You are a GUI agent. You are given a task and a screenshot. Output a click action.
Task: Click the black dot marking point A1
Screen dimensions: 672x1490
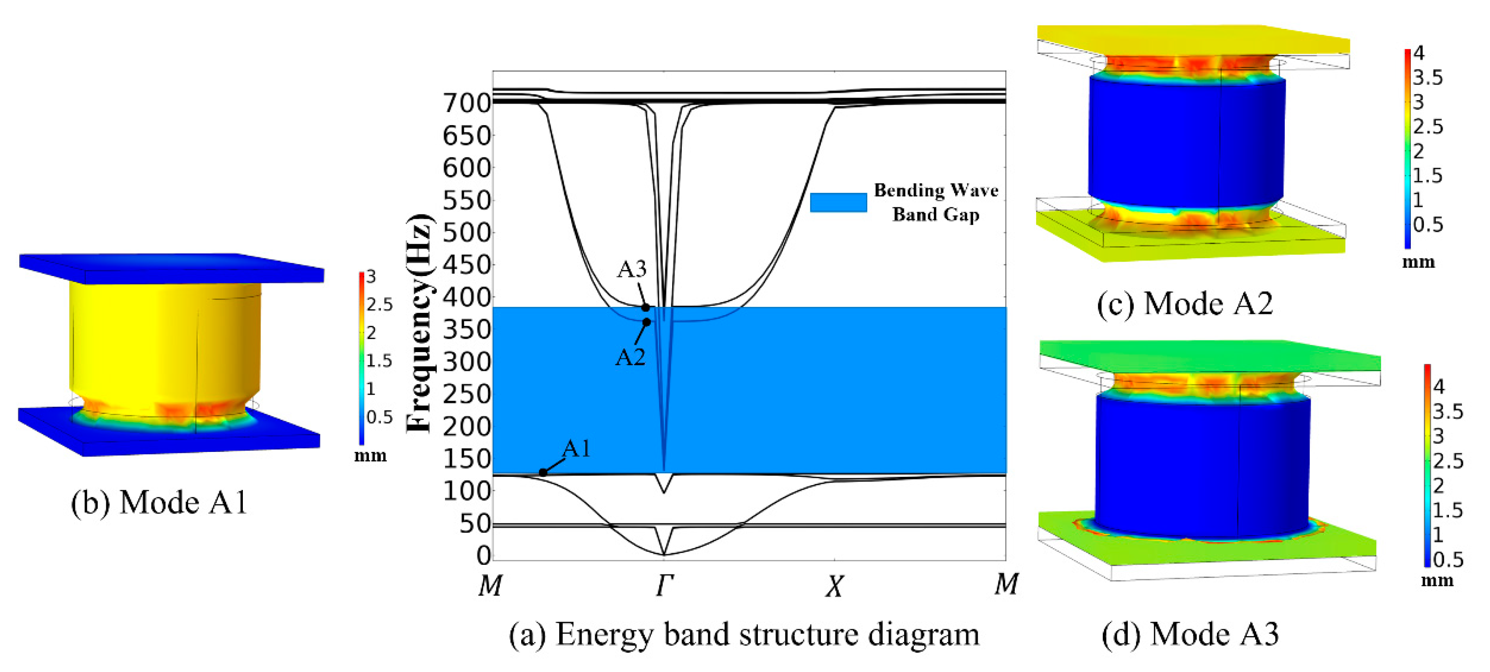(x=543, y=472)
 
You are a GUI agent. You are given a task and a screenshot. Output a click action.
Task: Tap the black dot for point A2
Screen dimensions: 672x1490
(x=647, y=322)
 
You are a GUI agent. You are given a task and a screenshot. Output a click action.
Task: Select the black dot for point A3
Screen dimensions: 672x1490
(x=645, y=308)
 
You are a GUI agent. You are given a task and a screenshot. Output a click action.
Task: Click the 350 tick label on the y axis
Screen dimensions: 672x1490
(x=466, y=329)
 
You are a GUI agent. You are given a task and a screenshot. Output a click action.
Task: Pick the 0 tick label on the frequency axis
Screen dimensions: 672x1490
(x=484, y=555)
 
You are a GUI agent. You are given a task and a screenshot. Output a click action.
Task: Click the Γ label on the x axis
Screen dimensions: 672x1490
(x=665, y=585)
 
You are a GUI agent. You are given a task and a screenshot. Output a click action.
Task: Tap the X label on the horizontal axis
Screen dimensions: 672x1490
(x=834, y=586)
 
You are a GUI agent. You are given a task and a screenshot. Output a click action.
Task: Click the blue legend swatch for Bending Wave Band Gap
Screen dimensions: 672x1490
(x=838, y=203)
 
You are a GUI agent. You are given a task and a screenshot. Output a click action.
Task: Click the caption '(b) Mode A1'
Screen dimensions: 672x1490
(x=159, y=502)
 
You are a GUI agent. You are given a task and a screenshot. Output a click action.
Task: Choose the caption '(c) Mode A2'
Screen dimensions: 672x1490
(x=1185, y=304)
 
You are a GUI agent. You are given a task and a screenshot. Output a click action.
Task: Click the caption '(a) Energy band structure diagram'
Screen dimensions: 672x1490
(x=744, y=634)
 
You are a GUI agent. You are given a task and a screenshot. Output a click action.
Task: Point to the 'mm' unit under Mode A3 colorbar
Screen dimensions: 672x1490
(x=1437, y=580)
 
